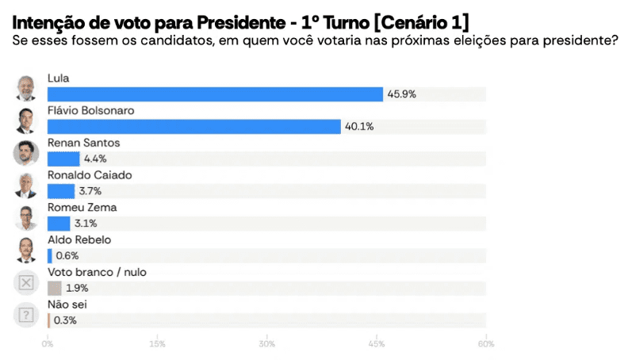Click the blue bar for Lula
[215, 94]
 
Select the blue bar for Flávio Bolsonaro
[194, 127]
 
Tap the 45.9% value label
[401, 94]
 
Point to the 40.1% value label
[358, 127]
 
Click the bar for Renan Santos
[63, 159]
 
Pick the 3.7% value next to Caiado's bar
[90, 191]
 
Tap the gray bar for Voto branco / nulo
[55, 288]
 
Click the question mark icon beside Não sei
[26, 315]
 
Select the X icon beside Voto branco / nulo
[26, 282]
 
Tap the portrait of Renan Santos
[26, 153]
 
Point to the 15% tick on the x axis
[157, 344]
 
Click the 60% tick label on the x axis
[485, 344]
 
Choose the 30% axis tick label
[266, 344]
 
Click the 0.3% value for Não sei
[66, 320]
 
